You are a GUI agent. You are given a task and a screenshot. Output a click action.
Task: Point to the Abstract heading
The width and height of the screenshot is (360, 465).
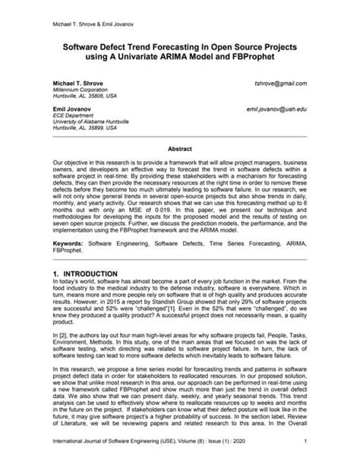click(179, 150)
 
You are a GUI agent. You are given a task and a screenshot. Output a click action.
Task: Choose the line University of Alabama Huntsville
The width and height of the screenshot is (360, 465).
click(93, 124)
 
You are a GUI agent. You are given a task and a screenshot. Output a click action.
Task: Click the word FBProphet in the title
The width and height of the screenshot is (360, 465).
click(257, 56)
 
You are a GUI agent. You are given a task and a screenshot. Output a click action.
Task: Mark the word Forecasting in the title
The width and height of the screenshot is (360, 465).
click(175, 46)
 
